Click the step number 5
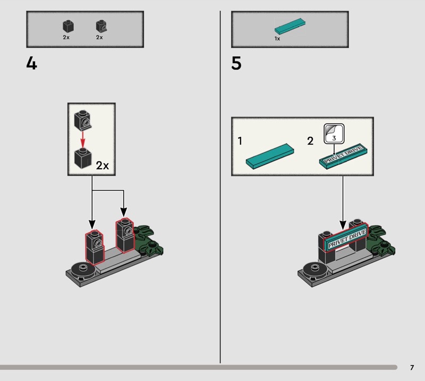tap(236, 64)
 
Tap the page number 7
tap(412, 367)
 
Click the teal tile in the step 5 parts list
tap(290, 26)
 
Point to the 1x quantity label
tap(277, 39)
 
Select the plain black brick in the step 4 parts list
tap(69, 26)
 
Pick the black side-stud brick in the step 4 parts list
tap(101, 26)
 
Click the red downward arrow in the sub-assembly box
tap(83, 139)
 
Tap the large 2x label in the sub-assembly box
tap(103, 166)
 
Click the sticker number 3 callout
tap(334, 134)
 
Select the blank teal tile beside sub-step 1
tap(270, 156)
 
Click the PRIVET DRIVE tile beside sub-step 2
tap(343, 156)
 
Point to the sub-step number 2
tap(310, 141)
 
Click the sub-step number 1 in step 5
tap(240, 141)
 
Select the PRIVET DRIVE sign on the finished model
tap(346, 238)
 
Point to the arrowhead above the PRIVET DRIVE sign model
tap(343, 225)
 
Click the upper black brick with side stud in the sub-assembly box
tap(83, 120)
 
